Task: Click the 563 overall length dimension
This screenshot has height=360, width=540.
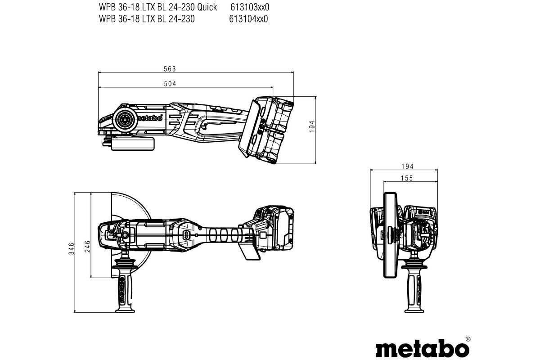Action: coord(170,69)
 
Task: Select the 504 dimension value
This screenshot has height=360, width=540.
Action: coord(170,84)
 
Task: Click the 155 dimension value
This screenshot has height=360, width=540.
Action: coord(407,178)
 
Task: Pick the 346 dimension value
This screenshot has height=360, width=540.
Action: coord(71,248)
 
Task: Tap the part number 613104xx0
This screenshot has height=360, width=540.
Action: coord(248,18)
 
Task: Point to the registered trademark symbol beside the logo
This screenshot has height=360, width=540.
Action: coord(468,338)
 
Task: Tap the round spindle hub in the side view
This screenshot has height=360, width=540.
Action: coord(124,119)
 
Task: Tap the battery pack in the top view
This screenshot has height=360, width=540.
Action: coord(274,229)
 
